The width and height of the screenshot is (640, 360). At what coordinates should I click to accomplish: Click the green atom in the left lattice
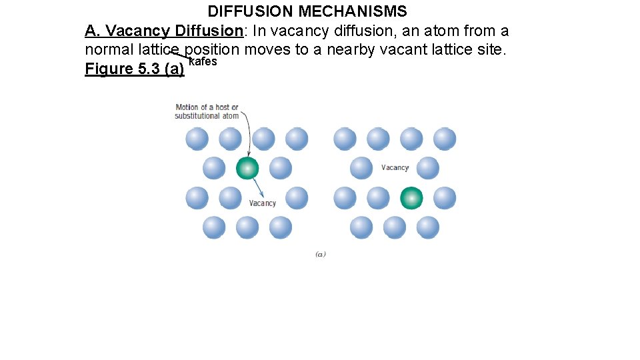pos(247,168)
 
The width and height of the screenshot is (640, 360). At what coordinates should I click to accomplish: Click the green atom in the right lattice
pos(411,198)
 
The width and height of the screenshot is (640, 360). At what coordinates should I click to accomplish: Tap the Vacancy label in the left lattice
pos(262,203)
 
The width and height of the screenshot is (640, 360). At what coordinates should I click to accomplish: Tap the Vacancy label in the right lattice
pos(395,168)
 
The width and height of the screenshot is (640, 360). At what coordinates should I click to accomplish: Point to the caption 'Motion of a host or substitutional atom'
pos(207,111)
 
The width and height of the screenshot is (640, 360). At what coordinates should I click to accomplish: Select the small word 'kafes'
pos(203,62)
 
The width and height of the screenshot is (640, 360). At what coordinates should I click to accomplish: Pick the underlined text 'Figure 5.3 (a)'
pos(134,69)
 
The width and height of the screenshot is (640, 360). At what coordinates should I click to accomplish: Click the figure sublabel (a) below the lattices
pos(320,254)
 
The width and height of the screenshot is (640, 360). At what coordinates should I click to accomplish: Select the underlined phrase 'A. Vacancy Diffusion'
pos(163,31)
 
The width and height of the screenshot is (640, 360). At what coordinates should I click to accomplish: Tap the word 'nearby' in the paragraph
pos(349,50)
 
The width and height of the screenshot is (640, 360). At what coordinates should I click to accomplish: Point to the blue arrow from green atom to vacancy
pos(257,187)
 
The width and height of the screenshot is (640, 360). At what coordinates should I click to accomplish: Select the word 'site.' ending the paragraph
pos(492,50)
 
